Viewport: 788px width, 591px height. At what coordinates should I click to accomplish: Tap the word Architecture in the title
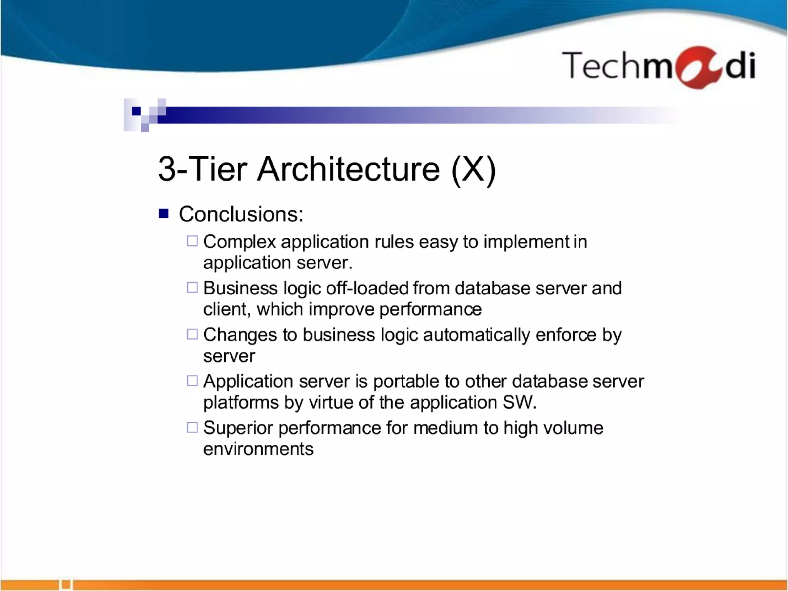[348, 169]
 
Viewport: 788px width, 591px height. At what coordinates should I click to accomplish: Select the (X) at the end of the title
[474, 170]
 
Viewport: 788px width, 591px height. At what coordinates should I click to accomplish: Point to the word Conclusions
[241, 214]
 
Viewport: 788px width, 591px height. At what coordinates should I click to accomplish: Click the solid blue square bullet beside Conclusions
[164, 213]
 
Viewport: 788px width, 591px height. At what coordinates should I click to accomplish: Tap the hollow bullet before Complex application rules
[192, 241]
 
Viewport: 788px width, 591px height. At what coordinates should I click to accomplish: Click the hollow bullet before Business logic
[192, 287]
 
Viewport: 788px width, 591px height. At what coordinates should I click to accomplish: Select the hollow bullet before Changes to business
[192, 334]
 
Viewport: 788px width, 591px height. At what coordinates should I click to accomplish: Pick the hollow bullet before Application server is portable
[192, 381]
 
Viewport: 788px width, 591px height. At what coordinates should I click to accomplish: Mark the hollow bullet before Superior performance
[192, 427]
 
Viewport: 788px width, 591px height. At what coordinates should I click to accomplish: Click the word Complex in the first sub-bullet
[239, 242]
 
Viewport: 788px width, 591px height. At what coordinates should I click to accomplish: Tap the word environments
[258, 449]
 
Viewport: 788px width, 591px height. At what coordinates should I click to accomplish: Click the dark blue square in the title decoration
[136, 111]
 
